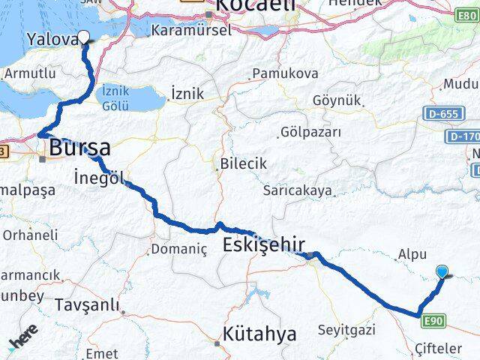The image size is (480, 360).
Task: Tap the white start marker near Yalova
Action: tap(83, 36)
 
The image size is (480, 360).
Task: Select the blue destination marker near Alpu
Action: tap(442, 273)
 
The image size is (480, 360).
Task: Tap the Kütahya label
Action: tap(260, 334)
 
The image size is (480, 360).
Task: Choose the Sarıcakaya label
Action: tap(297, 190)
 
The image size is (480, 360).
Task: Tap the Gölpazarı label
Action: tap(310, 132)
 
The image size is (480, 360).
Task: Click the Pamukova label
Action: tap(285, 73)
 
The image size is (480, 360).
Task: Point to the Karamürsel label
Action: tap(183, 31)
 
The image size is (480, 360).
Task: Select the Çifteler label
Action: tap(439, 349)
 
